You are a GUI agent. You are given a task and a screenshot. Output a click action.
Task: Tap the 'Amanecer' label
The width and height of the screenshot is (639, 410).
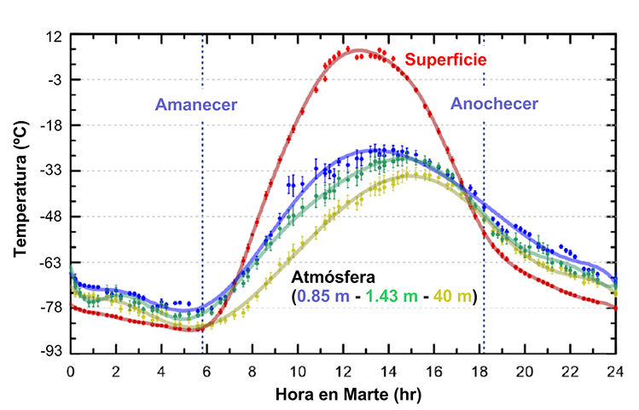click(195, 105)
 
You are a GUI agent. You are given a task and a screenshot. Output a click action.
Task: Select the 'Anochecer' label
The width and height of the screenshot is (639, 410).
click(494, 104)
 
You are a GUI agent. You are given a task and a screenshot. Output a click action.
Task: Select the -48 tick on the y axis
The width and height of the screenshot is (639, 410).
click(52, 217)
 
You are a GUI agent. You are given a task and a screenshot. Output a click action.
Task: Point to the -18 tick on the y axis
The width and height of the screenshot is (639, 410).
click(52, 125)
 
